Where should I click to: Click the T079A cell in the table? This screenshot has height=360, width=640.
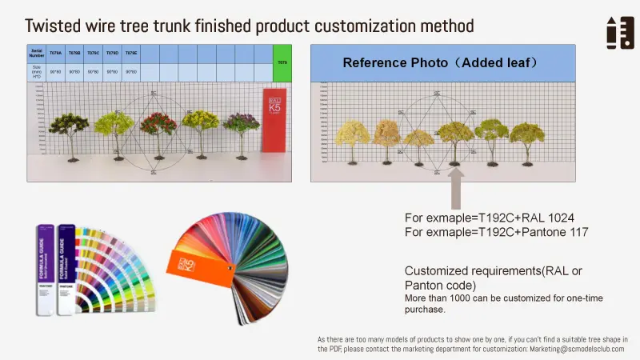(55, 53)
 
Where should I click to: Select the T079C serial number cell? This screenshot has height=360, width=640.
(94, 53)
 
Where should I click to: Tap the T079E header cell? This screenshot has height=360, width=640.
(131, 53)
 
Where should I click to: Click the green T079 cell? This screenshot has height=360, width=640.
(281, 62)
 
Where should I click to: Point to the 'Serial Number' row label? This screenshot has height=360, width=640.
(36, 54)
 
